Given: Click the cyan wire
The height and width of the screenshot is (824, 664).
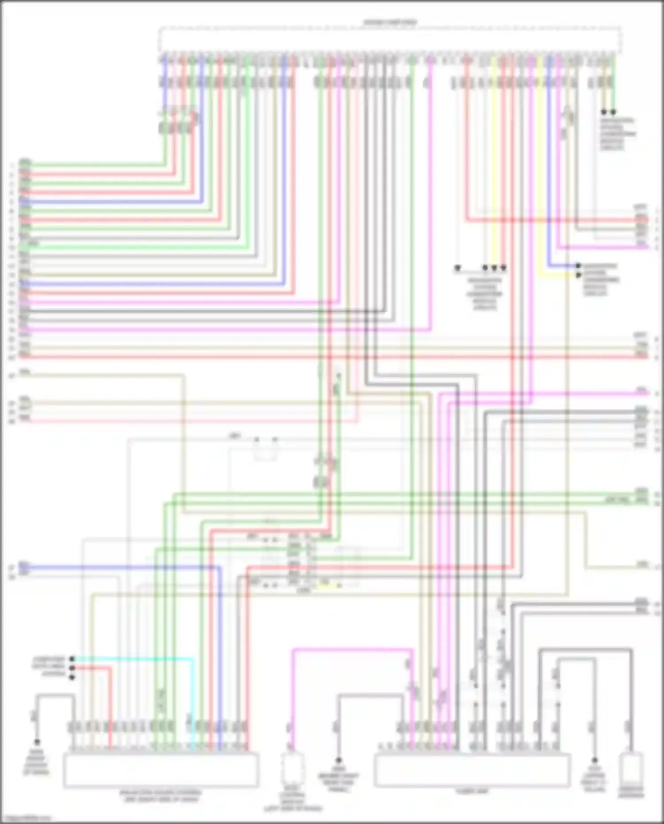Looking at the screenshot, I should (133, 659).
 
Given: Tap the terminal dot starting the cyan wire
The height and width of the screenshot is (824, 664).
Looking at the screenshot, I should (72, 659).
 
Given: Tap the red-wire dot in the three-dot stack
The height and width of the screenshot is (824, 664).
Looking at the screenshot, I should (72, 668).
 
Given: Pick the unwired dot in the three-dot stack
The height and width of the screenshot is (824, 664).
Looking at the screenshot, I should (72, 677).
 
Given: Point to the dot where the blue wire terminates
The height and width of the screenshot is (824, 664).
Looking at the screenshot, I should (578, 266).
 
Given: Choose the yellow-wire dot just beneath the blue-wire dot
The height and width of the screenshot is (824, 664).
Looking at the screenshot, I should (578, 275).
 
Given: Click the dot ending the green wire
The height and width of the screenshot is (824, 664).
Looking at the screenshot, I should (613, 112).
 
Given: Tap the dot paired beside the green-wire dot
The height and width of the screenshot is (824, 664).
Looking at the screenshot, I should (604, 112).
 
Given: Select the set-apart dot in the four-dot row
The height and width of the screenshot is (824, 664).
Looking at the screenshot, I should (458, 268).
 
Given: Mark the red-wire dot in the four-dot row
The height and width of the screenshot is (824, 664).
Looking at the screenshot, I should (503, 268).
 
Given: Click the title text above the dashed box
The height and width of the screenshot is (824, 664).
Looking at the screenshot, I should (390, 22).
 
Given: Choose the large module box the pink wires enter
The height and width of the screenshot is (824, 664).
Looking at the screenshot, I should (472, 770).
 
